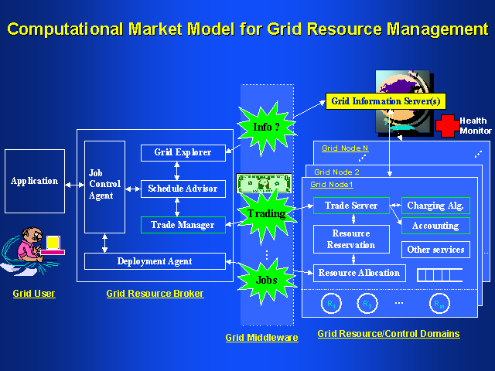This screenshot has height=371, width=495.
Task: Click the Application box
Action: (34, 182)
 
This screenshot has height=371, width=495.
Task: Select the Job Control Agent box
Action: (104, 186)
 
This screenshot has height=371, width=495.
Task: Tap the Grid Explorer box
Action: (183, 152)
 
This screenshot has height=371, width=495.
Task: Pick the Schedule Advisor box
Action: (183, 188)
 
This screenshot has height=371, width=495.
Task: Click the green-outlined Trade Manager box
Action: (183, 224)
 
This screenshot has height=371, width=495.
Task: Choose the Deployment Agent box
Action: (155, 261)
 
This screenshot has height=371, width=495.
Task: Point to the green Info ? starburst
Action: (266, 127)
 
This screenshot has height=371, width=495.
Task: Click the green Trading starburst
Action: (266, 213)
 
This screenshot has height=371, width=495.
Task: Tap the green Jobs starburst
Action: (266, 280)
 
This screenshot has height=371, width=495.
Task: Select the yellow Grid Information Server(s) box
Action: (385, 100)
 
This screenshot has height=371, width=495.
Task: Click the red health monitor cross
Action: (446, 126)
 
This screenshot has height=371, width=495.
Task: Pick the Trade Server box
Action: (351, 206)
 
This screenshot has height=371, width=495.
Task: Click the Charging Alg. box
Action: (435, 206)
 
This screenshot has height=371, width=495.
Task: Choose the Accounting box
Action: (435, 226)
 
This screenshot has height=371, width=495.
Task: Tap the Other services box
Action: (435, 250)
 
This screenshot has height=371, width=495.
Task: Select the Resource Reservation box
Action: (351, 239)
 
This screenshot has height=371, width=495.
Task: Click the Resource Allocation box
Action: (359, 273)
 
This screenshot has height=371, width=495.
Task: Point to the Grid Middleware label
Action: (261, 338)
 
